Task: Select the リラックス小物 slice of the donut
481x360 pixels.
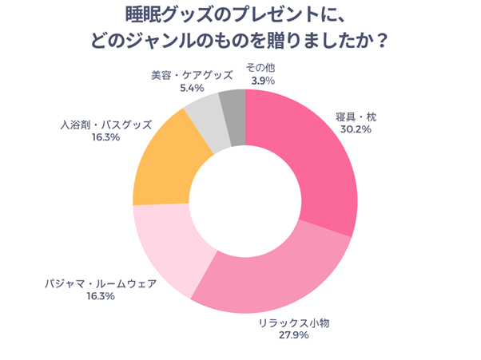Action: (272, 271)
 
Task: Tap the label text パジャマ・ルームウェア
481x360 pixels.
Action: (100, 283)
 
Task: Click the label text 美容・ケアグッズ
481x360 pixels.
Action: (192, 75)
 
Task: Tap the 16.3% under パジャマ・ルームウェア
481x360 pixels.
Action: (100, 296)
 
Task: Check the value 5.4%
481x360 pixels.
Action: (192, 88)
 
